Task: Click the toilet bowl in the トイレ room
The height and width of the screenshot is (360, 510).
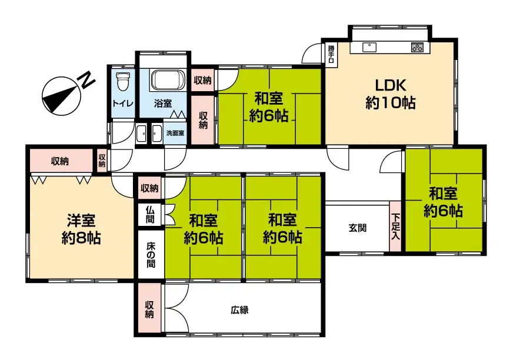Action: pyautogui.click(x=123, y=81)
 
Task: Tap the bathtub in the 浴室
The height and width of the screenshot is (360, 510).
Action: pyautogui.click(x=168, y=79)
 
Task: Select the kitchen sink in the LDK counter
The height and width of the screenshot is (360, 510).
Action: pyautogui.click(x=369, y=47)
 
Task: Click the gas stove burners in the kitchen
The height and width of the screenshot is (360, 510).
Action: pyautogui.click(x=417, y=48)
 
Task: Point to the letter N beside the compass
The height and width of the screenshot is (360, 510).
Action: pyautogui.click(x=87, y=81)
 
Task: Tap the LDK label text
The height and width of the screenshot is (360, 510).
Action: pyautogui.click(x=391, y=85)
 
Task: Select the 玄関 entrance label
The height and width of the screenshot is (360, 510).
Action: pyautogui.click(x=358, y=228)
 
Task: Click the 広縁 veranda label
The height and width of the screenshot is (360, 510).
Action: pyautogui.click(x=240, y=310)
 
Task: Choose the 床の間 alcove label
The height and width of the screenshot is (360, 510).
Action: pyautogui.click(x=151, y=255)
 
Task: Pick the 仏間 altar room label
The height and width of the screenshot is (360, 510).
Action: pyautogui.click(x=150, y=214)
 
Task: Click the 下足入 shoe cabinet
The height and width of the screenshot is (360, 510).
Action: pyautogui.click(x=395, y=226)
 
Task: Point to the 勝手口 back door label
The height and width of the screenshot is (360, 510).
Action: pyautogui.click(x=331, y=54)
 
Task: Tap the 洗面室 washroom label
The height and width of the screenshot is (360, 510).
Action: pyautogui.click(x=175, y=133)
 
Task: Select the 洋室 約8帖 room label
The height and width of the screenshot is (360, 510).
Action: pyautogui.click(x=81, y=229)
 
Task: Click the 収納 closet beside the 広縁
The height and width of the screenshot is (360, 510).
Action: pyautogui.click(x=149, y=309)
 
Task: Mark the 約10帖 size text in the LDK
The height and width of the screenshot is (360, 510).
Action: pyautogui.click(x=391, y=103)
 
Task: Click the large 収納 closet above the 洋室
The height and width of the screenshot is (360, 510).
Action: pyautogui.click(x=60, y=161)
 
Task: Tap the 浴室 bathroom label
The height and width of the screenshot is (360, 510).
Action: pyautogui.click(x=162, y=104)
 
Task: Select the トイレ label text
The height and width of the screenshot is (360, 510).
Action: pyautogui.click(x=122, y=104)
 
